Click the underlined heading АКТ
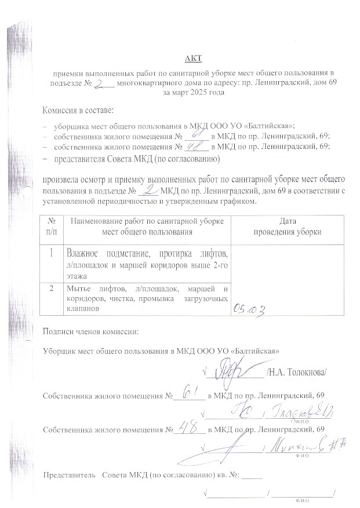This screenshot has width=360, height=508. [191, 59]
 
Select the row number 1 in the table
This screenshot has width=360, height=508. [52, 253]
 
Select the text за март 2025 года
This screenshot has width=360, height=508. [193, 92]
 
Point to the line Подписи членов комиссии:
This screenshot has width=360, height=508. [91, 332]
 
